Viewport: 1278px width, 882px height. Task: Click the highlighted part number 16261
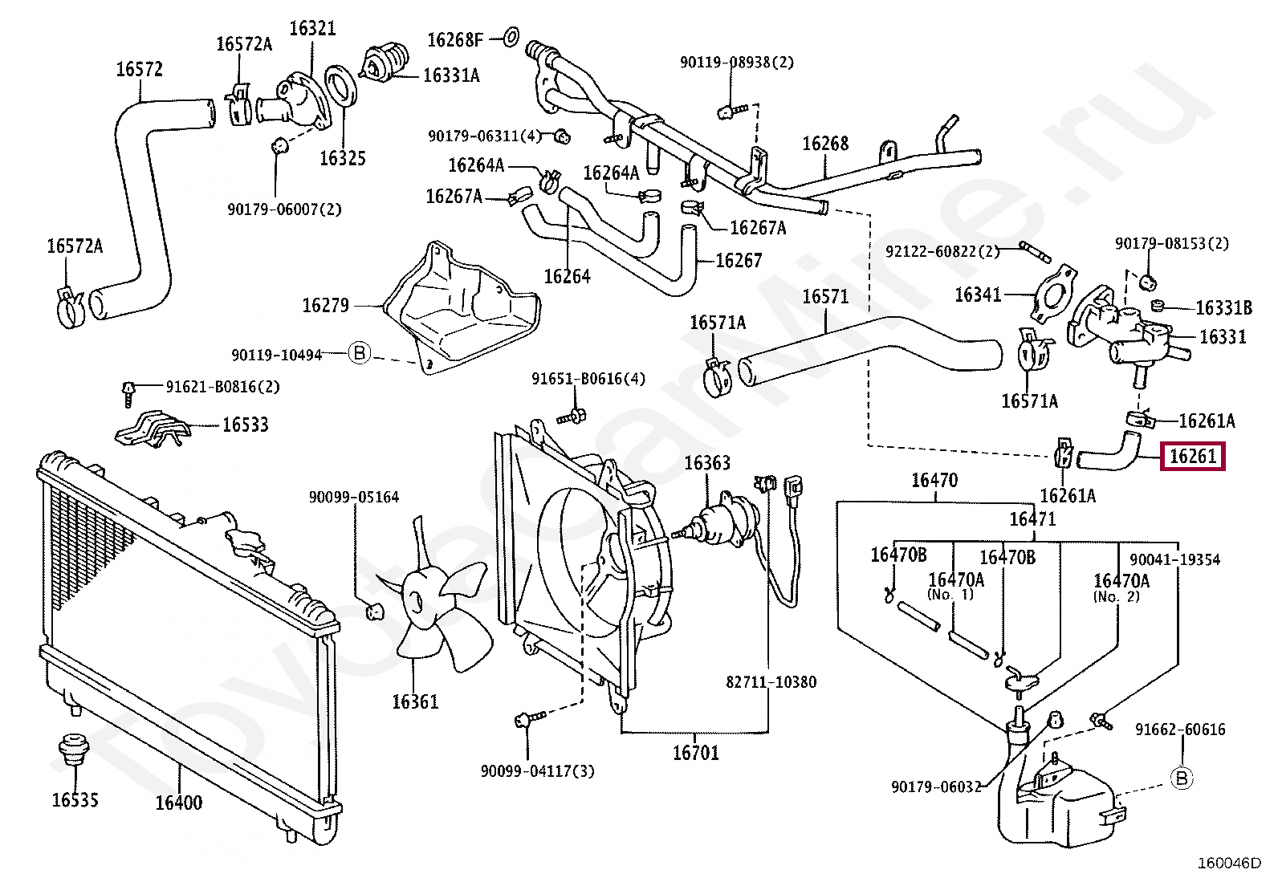(1192, 457)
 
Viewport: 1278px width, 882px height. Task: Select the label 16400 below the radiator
(178, 803)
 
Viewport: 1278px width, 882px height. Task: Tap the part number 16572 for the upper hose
(139, 69)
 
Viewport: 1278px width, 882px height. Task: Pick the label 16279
(325, 305)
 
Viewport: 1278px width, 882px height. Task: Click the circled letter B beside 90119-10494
(360, 353)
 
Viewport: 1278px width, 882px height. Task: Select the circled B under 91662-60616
(1182, 778)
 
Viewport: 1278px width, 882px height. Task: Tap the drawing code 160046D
(1229, 864)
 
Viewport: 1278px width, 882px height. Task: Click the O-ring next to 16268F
(511, 37)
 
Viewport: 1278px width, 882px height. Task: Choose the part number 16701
(695, 753)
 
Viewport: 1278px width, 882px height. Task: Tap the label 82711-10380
(771, 681)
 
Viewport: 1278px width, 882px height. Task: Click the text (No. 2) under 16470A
(1116, 597)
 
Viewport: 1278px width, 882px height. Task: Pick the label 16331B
(1223, 308)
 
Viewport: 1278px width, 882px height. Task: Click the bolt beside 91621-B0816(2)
(128, 393)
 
